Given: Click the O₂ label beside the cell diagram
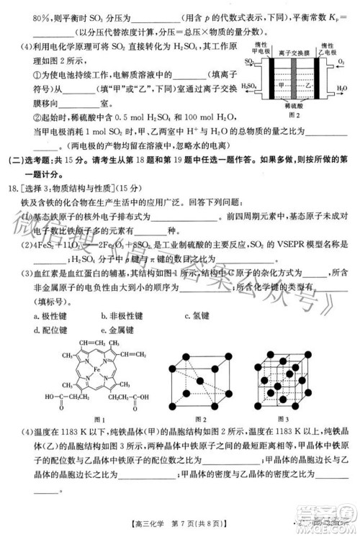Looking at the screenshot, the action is (341, 63).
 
